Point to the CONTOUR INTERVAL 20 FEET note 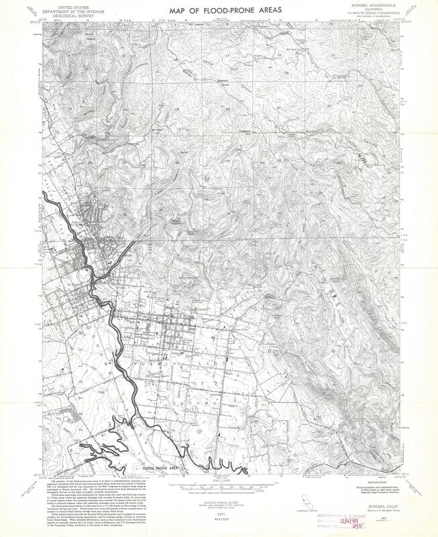coord(219,493)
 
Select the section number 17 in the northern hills coord(227,54)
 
